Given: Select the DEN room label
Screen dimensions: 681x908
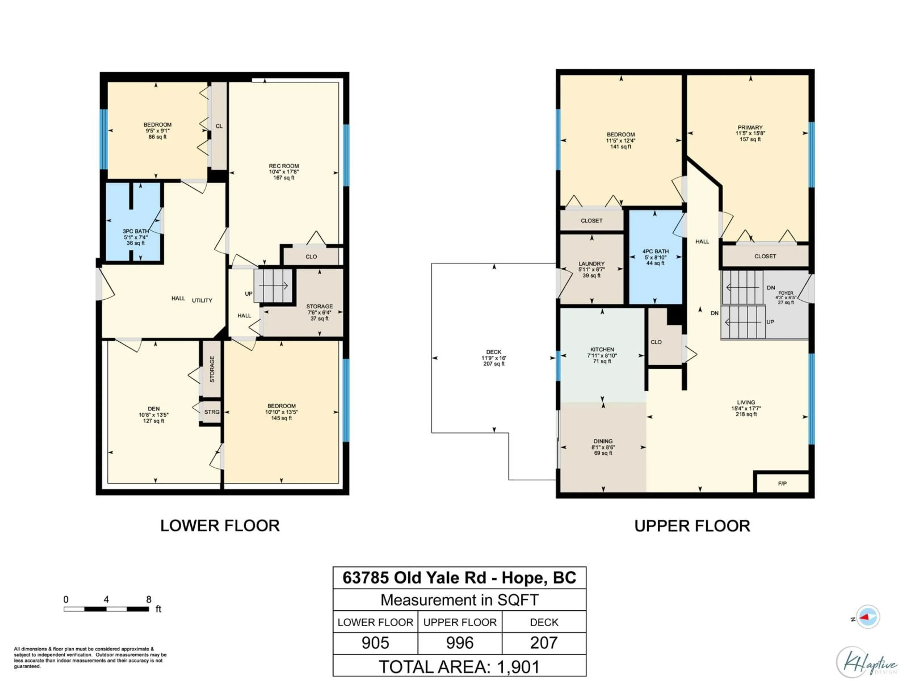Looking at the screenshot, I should point(153,409).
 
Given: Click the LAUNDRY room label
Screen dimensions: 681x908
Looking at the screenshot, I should point(592,264).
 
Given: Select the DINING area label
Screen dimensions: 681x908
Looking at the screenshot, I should point(602,441).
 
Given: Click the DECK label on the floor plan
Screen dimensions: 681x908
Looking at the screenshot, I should point(493,352).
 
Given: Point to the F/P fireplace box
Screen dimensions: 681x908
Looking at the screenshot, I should point(782,484).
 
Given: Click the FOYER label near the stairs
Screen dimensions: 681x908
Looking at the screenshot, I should point(786,293).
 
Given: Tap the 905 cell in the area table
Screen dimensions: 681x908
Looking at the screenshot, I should point(375,643).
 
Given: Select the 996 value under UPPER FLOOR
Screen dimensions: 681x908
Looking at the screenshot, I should point(460,643).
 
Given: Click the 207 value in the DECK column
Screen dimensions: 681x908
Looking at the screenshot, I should point(544,643).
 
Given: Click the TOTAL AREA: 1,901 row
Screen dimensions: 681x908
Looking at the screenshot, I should point(459,667).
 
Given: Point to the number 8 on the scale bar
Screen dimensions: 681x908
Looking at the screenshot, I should point(148,599).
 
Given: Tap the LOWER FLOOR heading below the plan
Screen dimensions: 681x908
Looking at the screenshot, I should point(220,526).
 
